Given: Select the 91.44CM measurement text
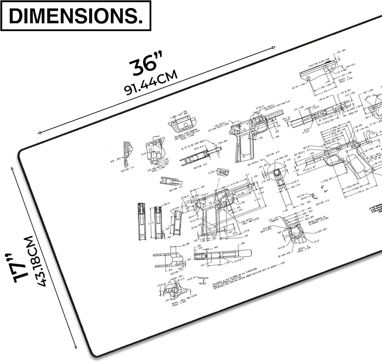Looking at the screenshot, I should (x=150, y=83).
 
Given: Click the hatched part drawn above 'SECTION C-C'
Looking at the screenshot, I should (x=128, y=152).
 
